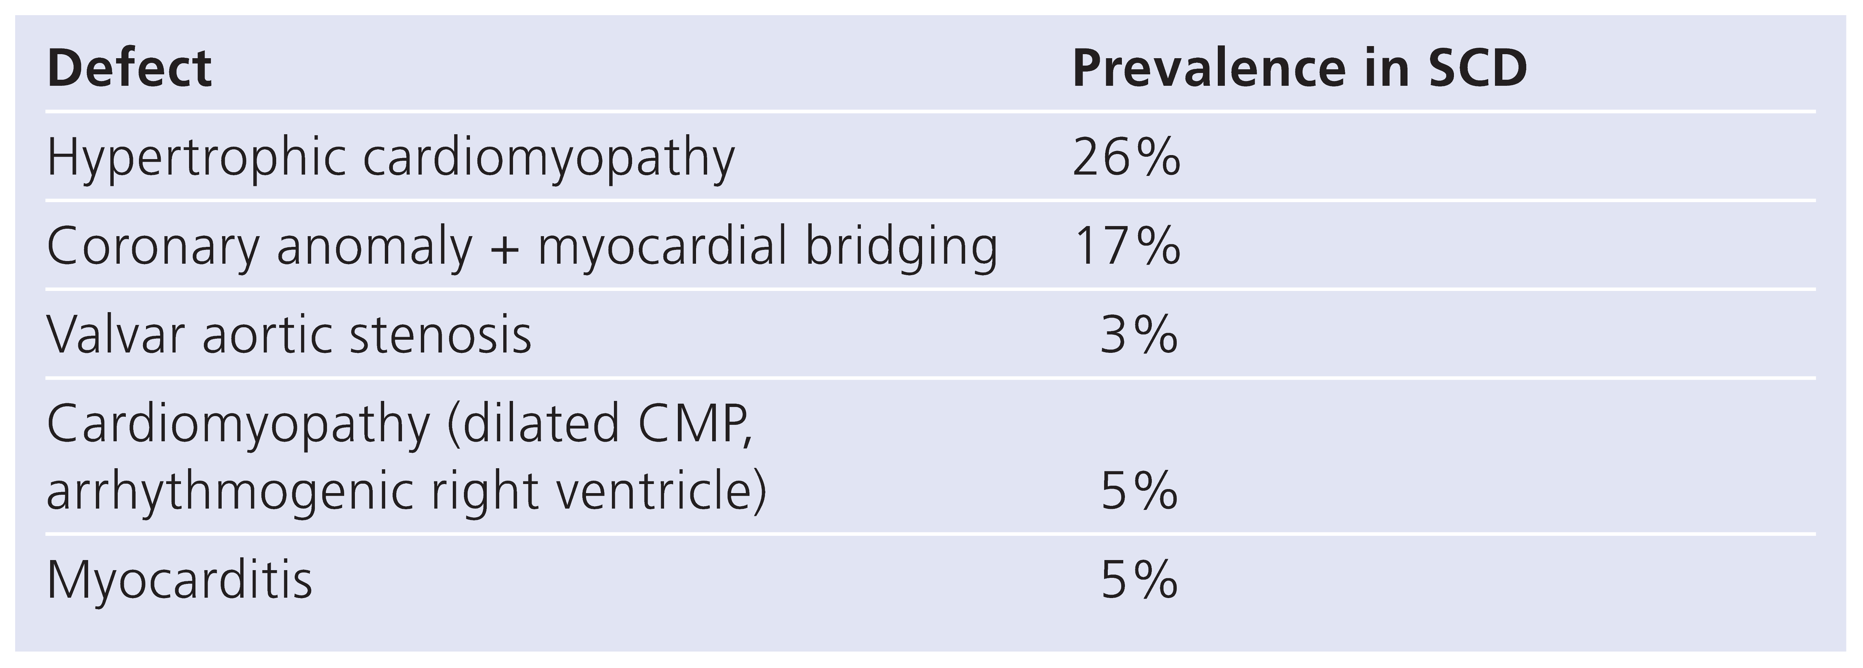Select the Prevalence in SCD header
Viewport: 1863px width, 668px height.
point(1299,69)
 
